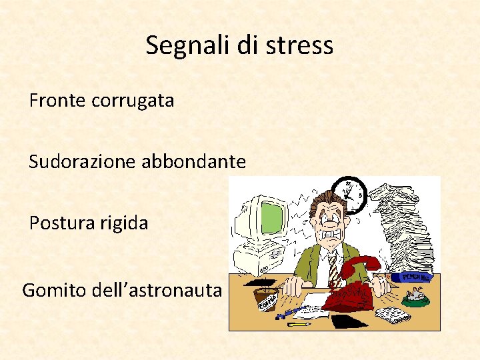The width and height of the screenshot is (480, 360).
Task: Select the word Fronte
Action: point(57,101)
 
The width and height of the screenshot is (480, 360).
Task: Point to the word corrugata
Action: point(133,101)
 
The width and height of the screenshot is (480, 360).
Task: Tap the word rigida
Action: point(125,223)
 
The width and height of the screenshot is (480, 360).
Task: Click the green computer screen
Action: point(272,218)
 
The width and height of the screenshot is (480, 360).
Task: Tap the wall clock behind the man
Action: point(349,193)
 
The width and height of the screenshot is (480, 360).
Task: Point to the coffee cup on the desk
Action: point(267,298)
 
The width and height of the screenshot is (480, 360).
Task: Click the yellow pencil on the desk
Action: point(298,323)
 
